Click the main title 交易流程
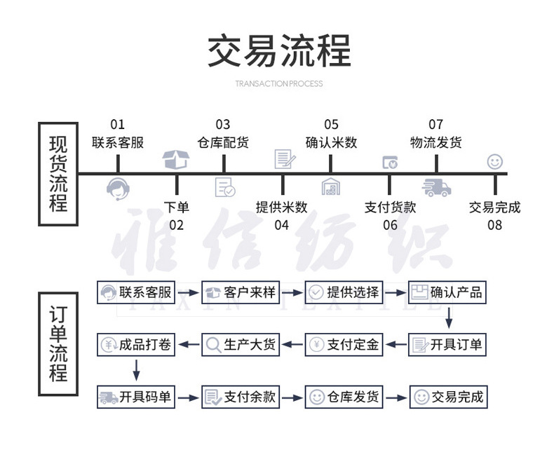click(x=279, y=51)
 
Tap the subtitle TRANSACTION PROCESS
click(x=279, y=83)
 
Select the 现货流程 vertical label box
click(x=58, y=173)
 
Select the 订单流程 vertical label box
click(x=58, y=343)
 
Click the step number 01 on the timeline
click(x=117, y=125)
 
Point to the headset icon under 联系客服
click(x=118, y=188)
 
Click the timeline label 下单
click(x=176, y=207)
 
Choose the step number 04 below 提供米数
click(x=281, y=225)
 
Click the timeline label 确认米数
click(x=331, y=142)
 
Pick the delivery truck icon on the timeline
click(x=435, y=188)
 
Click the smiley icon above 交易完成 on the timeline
click(x=495, y=162)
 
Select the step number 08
click(x=495, y=225)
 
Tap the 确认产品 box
click(x=447, y=292)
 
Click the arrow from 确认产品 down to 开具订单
click(x=449, y=319)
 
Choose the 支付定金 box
click(x=344, y=345)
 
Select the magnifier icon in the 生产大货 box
click(x=213, y=345)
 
